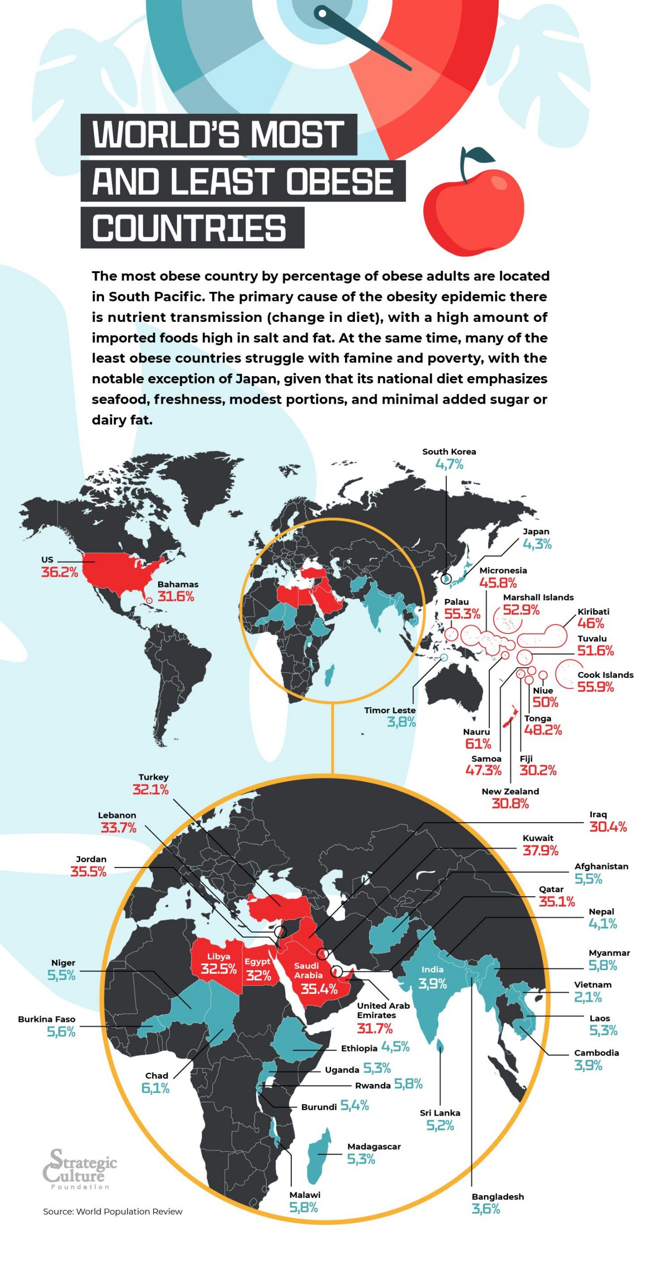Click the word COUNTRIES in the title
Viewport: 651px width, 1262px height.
tap(189, 228)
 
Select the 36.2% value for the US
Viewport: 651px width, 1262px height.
tap(60, 572)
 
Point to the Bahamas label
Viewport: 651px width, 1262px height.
tap(178, 584)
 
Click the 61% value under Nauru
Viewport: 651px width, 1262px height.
tap(478, 744)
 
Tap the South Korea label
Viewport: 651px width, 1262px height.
tap(449, 452)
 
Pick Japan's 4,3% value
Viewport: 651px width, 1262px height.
tap(537, 544)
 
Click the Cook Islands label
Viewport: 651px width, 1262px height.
tap(605, 675)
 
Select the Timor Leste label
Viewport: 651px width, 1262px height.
tap(390, 710)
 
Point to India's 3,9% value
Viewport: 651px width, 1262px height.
tap(432, 984)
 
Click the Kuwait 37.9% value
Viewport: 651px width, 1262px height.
tap(540, 850)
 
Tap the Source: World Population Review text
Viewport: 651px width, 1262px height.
tap(112, 1211)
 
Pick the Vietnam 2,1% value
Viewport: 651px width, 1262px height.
tap(587, 997)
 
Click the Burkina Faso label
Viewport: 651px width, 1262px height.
tap(46, 1019)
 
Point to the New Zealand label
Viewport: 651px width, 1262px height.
tap(510, 791)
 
